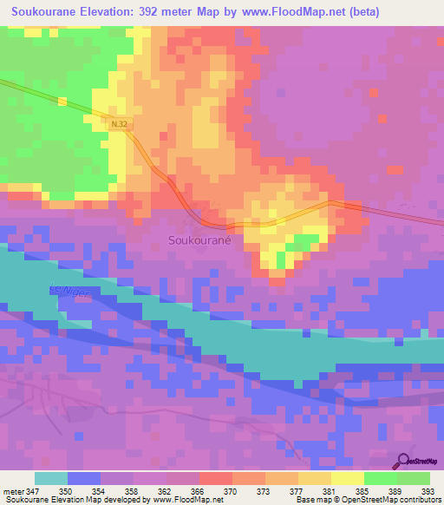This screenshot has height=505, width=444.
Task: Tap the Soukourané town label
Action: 198,239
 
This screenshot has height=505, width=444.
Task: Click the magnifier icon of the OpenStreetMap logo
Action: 404,460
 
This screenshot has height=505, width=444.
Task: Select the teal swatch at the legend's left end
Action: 50,478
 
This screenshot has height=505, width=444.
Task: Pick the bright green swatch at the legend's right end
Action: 413,478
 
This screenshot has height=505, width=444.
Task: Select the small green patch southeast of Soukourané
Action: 300,243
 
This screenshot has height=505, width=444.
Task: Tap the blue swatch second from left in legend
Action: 83,478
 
